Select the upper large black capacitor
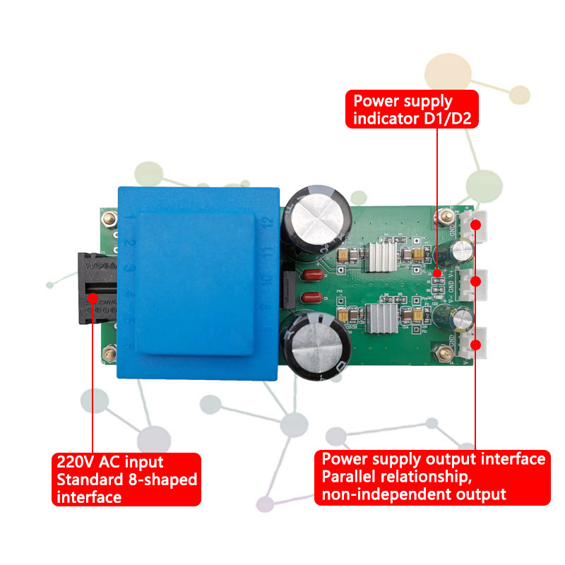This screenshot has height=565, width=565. [x=314, y=215]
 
